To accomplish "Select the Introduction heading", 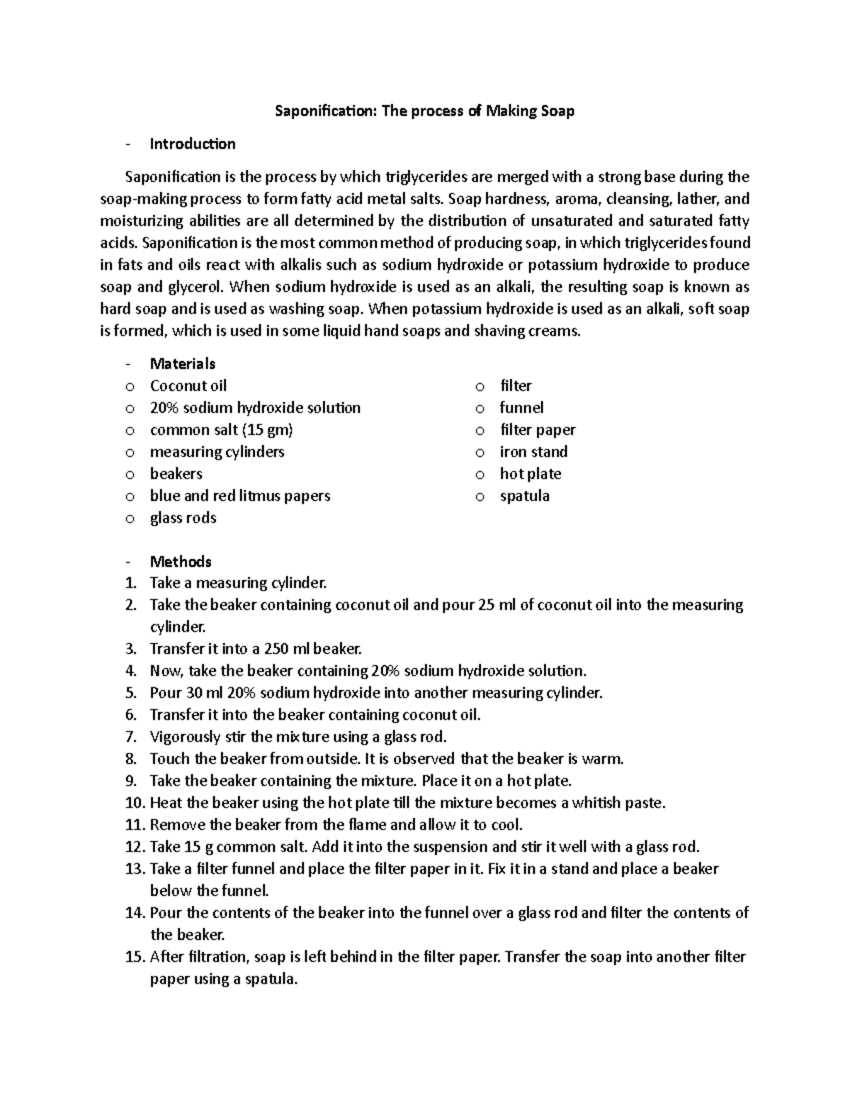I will tap(193, 144).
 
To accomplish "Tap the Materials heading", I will tap(182, 364).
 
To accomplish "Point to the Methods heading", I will tap(181, 562).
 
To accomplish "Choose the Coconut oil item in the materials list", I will tap(188, 386).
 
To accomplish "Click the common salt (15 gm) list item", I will tap(221, 430).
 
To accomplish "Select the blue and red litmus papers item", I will tap(240, 496).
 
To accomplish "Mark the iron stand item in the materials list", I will tap(533, 452).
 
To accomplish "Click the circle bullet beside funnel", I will tap(480, 409).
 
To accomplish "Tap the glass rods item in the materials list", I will tap(183, 518).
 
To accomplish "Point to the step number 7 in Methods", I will tap(130, 737).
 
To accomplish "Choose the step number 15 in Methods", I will tap(134, 958).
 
